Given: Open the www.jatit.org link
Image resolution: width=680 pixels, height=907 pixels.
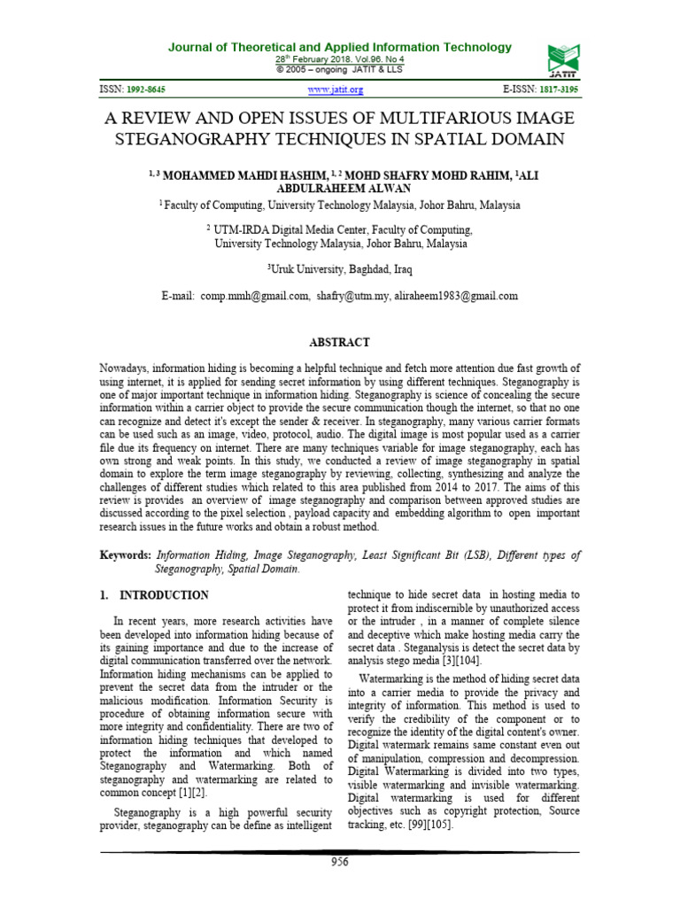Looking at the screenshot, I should [x=336, y=90].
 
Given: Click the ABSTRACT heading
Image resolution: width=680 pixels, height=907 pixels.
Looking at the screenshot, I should [x=339, y=342].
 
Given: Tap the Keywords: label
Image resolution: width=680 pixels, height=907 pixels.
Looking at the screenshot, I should [x=125, y=555].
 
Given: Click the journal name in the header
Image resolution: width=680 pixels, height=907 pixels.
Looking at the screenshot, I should [x=340, y=47].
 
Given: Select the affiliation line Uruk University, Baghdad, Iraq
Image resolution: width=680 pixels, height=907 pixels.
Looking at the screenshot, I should [x=339, y=268].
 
